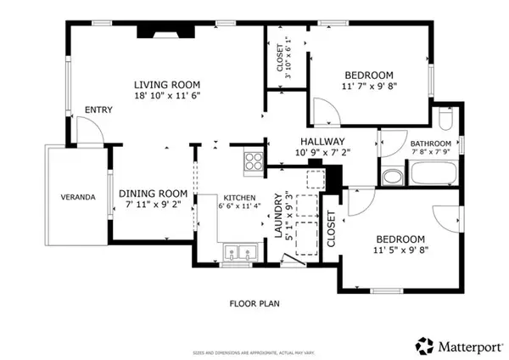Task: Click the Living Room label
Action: click(167, 84)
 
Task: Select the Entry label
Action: click(98, 110)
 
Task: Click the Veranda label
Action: click(77, 198)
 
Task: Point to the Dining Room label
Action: click(152, 193)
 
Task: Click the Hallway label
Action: click(321, 142)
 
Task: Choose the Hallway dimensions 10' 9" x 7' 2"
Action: click(321, 154)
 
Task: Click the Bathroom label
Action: click(430, 143)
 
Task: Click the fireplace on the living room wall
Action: click(168, 32)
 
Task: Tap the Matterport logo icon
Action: click(422, 345)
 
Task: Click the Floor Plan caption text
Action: click(255, 303)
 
